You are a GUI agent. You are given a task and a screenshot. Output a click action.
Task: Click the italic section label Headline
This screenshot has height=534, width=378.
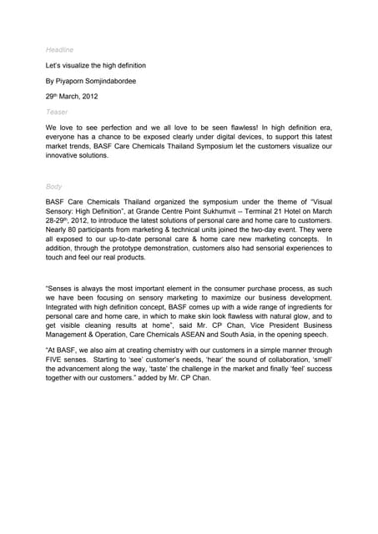59,50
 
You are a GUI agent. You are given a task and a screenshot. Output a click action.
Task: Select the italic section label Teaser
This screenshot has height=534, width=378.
57,110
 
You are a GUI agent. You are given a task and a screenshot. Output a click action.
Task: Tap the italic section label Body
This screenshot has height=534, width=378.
54,187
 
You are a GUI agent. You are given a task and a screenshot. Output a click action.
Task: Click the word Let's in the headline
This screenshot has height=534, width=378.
55,65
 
